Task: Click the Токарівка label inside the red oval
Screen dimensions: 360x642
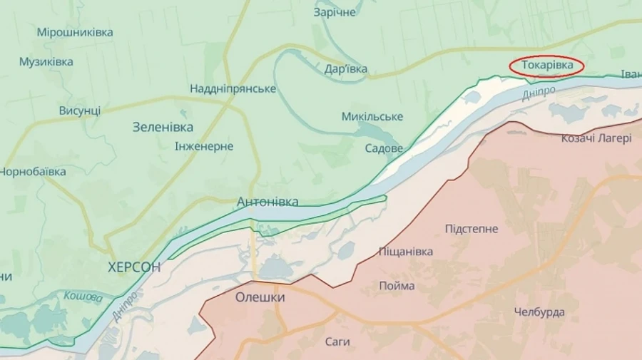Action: (x=546, y=66)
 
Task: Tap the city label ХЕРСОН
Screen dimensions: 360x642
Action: (x=134, y=267)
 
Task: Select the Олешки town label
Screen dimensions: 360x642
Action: (x=260, y=297)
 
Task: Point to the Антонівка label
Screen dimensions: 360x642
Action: (x=267, y=202)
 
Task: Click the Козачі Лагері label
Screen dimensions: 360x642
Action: (x=596, y=138)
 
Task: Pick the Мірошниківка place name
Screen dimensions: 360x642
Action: (x=75, y=32)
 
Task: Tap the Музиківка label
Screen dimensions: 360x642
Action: (x=46, y=62)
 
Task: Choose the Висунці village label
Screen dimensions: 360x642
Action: (x=79, y=110)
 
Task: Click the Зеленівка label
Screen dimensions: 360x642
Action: (x=163, y=127)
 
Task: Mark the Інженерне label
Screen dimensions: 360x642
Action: (x=204, y=146)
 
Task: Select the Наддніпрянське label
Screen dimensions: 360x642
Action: (x=233, y=88)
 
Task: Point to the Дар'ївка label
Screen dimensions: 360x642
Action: (x=346, y=68)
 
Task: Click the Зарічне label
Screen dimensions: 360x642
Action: (x=335, y=12)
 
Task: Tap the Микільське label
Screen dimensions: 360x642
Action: (x=372, y=116)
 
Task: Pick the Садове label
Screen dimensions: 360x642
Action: (x=384, y=148)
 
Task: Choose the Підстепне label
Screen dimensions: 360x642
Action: (x=472, y=229)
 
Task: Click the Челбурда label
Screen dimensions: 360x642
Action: (x=539, y=312)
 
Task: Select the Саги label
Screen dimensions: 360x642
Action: (x=337, y=342)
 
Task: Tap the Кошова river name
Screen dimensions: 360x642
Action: (x=83, y=297)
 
